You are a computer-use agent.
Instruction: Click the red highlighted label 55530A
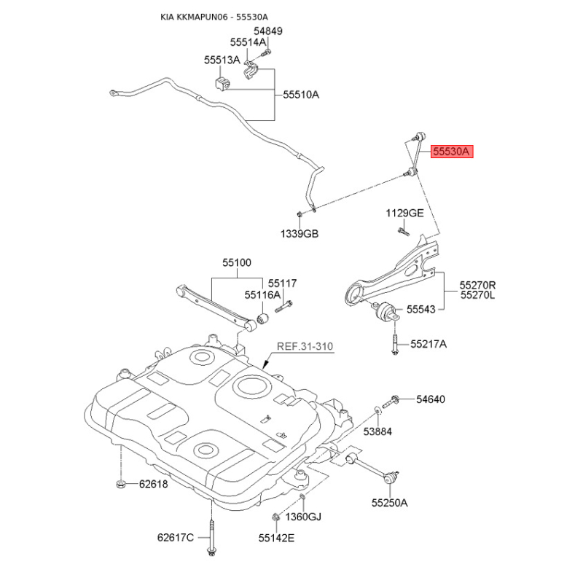[x=452, y=152]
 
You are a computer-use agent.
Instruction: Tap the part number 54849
[x=268, y=31]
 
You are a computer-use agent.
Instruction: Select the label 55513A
[x=222, y=60]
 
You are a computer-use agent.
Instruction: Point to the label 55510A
[x=301, y=95]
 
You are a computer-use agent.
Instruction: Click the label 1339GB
[x=300, y=234]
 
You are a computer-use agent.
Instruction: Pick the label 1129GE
[x=404, y=213]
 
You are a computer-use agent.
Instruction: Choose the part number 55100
[x=237, y=262]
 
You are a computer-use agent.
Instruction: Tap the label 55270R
[x=477, y=285]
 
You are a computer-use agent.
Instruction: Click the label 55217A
[x=429, y=344]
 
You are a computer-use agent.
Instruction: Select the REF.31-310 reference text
[x=305, y=347]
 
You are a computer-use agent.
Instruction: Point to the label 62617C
[x=176, y=538]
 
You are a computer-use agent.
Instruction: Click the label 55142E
[x=277, y=538]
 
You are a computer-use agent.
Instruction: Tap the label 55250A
[x=390, y=503]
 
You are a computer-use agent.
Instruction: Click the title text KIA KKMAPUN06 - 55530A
[x=214, y=17]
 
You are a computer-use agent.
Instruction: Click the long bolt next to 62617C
[x=211, y=538]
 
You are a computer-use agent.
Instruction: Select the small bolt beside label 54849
[x=265, y=53]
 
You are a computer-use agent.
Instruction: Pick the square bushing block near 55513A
[x=223, y=83]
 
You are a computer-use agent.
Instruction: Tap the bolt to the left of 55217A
[x=395, y=344]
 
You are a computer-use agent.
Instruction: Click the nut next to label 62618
[x=120, y=484]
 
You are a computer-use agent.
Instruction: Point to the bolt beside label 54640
[x=391, y=402]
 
